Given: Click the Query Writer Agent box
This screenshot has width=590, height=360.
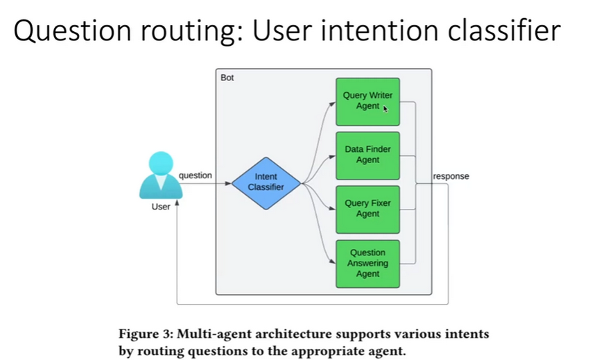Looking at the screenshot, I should click(367, 101).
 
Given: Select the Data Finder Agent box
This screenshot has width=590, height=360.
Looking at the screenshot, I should click(367, 155).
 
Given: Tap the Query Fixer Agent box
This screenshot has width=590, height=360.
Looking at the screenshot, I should click(367, 209).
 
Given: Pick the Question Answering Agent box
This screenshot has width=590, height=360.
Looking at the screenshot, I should click(367, 264).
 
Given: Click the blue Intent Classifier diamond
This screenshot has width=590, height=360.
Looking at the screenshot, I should click(266, 182).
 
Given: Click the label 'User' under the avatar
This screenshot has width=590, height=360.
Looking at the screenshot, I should click(161, 207).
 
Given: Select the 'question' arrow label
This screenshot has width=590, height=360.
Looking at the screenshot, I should click(195, 176).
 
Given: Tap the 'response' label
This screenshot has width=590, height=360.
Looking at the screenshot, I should click(451, 176).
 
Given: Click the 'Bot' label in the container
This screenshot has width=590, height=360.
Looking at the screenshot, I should click(227, 78).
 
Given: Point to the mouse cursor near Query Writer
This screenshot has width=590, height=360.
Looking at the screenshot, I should click(385, 108).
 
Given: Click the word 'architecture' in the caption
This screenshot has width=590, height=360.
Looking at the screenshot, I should click(296, 334).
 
